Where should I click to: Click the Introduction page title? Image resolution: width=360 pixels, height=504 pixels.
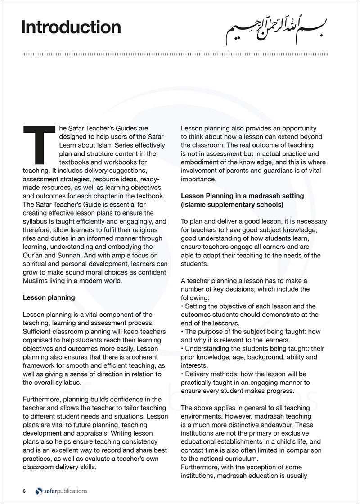71,27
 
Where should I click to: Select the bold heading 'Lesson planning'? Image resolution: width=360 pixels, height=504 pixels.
49,298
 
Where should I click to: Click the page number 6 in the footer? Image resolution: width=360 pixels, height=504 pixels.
24,491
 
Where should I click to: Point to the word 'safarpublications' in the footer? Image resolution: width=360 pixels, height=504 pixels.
65,491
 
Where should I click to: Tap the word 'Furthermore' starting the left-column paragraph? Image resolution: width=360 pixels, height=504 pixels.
42,399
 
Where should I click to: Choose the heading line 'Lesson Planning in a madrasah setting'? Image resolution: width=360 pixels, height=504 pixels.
242,196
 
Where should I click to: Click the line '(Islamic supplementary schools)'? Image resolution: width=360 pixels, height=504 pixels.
232,204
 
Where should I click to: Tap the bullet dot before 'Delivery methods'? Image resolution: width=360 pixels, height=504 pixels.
182,374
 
